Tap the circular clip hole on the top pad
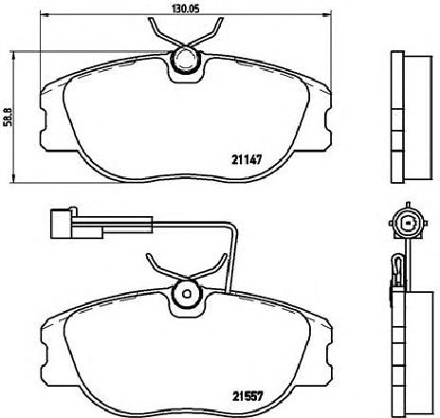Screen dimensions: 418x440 coord(184,62)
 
